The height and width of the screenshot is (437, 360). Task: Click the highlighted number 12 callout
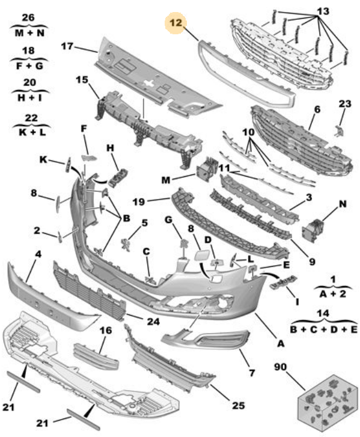click(175, 23)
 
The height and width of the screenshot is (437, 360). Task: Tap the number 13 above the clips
click(323, 11)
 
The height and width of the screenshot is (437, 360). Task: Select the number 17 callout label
click(67, 46)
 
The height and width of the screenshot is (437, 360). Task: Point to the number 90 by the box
click(280, 367)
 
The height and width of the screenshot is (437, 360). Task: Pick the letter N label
click(343, 204)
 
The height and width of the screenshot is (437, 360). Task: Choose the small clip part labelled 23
click(339, 130)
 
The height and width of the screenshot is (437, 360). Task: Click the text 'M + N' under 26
click(29, 33)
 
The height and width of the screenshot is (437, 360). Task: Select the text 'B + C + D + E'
click(323, 329)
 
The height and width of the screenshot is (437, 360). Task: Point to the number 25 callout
click(239, 406)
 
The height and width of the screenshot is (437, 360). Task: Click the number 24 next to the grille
click(153, 322)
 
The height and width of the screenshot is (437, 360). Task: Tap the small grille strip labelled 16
click(96, 356)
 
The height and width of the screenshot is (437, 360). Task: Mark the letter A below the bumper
click(281, 344)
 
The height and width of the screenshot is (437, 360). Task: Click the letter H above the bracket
click(111, 148)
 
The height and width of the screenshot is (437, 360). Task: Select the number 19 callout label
click(138, 201)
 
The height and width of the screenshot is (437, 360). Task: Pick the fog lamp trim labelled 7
click(206, 339)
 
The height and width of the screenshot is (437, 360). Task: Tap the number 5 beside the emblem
click(144, 223)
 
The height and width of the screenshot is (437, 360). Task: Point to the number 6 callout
click(317, 109)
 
